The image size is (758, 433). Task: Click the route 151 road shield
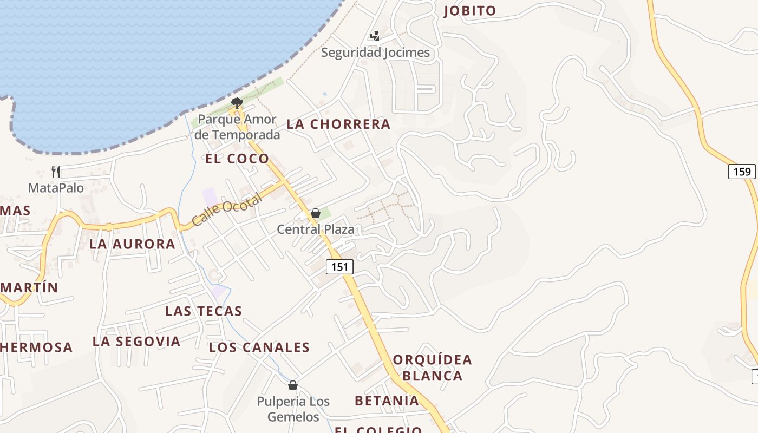339,267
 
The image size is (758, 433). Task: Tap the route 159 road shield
742,172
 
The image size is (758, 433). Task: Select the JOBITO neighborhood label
469,11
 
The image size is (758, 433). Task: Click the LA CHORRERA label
338,124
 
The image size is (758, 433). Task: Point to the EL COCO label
237,159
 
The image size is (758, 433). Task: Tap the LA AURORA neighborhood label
132,244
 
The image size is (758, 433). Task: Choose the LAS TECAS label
204,311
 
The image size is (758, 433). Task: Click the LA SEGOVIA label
136,342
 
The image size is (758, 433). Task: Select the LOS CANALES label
259,347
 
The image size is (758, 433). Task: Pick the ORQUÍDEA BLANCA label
433,368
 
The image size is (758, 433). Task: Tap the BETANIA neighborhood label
387,401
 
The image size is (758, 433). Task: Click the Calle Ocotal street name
227,209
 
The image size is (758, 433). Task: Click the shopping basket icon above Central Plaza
316,214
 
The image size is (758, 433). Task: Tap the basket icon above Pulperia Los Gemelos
293,385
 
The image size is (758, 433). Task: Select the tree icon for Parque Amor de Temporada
237,103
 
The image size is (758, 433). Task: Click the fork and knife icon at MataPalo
56,172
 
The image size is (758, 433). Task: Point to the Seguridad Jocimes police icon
375,36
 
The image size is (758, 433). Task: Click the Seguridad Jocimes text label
375,53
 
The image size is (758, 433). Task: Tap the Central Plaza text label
316,229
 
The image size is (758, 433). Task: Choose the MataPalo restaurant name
56,188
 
